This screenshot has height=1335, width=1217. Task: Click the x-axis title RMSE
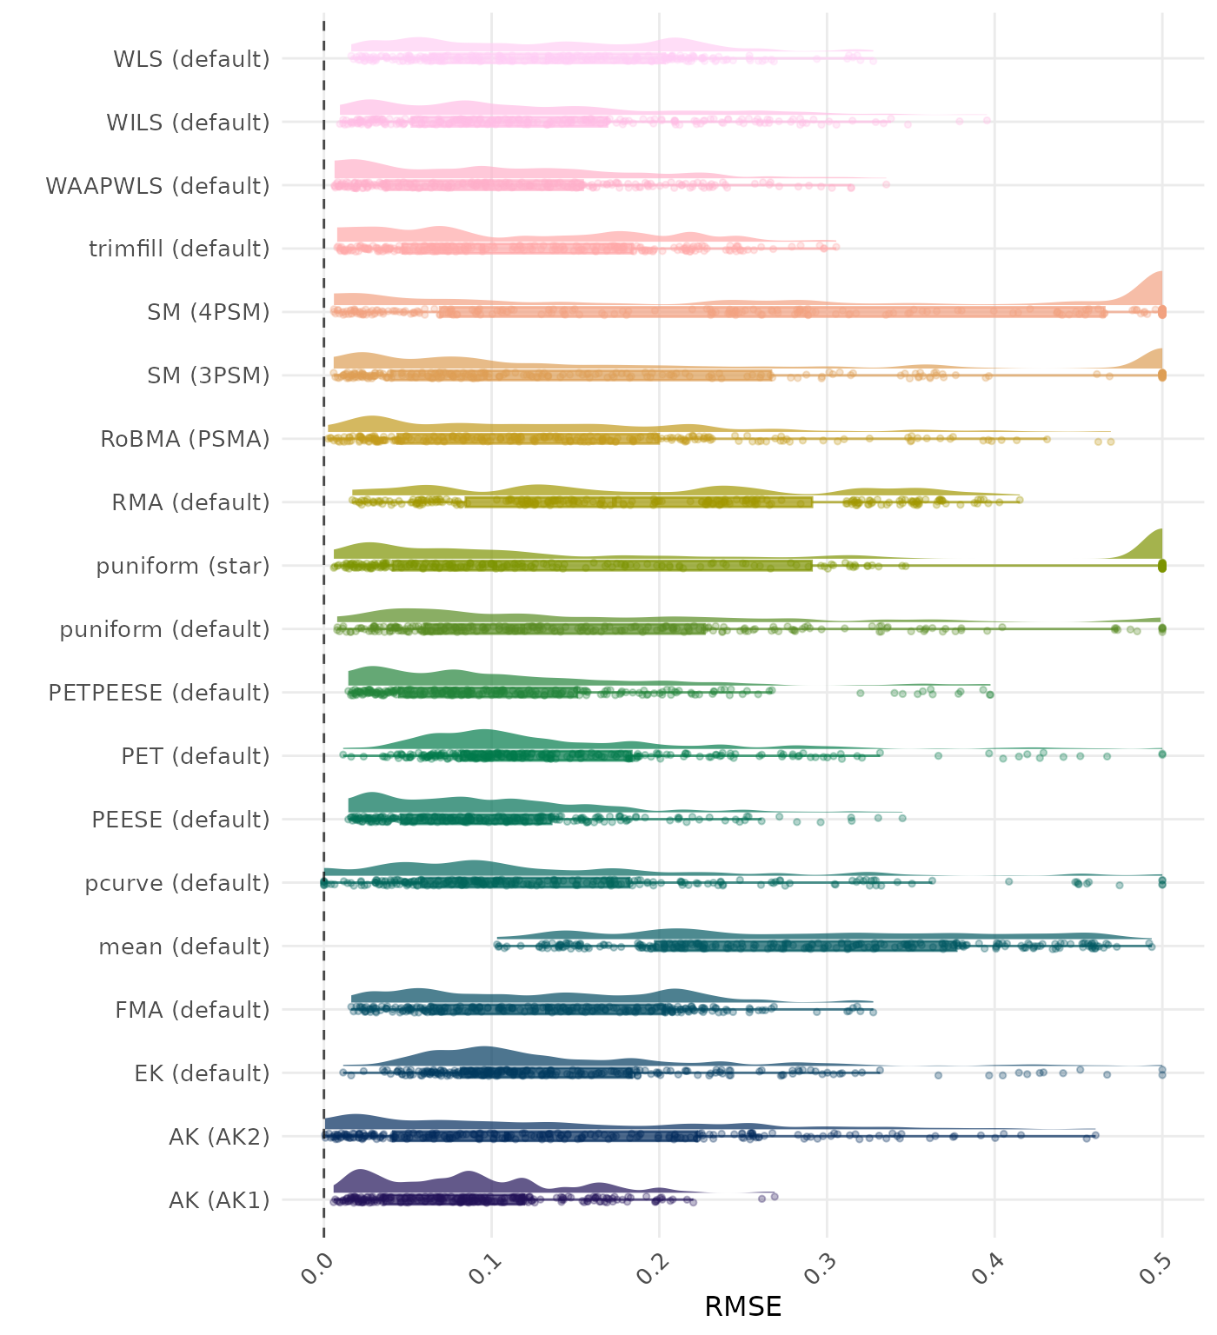point(742,1306)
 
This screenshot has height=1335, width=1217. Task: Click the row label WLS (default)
point(191,59)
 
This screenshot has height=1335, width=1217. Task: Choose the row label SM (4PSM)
point(209,312)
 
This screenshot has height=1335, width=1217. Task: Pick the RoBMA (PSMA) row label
point(185,439)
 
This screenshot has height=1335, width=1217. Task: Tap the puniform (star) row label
point(183,566)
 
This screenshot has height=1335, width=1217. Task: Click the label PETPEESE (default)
point(159,693)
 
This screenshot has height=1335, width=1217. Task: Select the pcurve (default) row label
point(177,883)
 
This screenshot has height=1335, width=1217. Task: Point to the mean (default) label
point(184,946)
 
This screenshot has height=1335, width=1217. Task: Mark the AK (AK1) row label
point(219,1200)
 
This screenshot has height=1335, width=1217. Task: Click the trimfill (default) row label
point(179,249)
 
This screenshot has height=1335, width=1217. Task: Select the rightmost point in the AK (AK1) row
point(774,1196)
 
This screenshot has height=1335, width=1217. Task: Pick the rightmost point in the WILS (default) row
point(987,120)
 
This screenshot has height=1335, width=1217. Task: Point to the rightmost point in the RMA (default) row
point(1020,500)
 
